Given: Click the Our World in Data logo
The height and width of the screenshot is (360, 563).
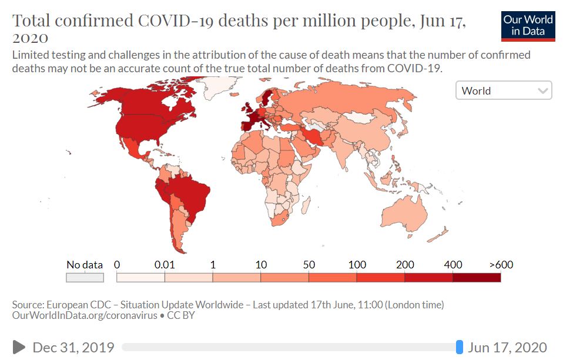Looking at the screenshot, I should pyautogui.click(x=528, y=25).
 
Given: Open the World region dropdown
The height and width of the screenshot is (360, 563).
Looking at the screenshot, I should pyautogui.click(x=504, y=90).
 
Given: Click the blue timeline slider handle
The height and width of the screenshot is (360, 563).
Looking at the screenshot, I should pyautogui.click(x=460, y=347).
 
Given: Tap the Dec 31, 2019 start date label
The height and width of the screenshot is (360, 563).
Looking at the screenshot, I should pyautogui.click(x=73, y=347).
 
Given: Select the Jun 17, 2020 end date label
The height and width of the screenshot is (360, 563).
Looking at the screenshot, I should pyautogui.click(x=507, y=347).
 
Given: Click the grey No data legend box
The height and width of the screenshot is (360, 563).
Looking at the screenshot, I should pyautogui.click(x=85, y=277).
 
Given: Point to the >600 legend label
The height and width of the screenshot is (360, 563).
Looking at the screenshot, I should pyautogui.click(x=501, y=265).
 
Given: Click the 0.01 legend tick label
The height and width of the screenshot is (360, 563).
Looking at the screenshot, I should pyautogui.click(x=165, y=265).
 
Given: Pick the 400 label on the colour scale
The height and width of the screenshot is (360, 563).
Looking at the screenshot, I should pyautogui.click(x=453, y=265).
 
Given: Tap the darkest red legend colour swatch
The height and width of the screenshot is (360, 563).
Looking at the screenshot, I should pyautogui.click(x=477, y=277).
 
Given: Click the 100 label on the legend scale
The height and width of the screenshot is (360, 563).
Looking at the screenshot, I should pyautogui.click(x=357, y=265).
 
